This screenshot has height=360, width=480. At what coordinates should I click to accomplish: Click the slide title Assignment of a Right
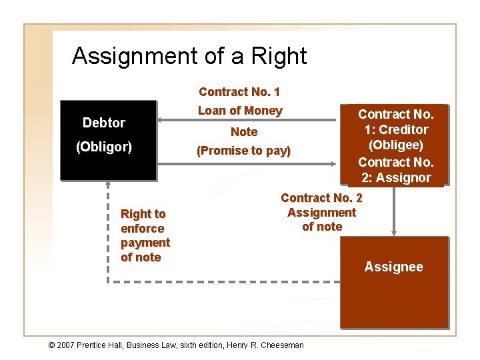[189, 56]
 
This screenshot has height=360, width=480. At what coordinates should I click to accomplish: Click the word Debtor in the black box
[103, 123]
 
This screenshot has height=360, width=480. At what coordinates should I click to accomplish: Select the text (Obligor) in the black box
[103, 147]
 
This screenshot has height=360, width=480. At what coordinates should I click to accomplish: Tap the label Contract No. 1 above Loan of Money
[239, 91]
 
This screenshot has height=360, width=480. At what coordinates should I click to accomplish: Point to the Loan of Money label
[240, 111]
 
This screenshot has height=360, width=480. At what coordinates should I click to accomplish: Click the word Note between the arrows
[243, 132]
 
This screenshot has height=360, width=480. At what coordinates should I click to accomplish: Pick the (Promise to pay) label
[243, 151]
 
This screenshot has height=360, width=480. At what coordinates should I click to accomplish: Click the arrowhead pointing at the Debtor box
[161, 121]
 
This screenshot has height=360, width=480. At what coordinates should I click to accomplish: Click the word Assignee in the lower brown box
[393, 267]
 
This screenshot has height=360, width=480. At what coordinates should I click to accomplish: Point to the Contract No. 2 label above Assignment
[321, 198]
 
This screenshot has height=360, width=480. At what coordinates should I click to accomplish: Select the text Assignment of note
[321, 219]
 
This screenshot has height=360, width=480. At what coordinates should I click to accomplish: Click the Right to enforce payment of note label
[145, 235]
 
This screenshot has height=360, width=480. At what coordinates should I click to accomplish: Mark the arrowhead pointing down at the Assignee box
[393, 233]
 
